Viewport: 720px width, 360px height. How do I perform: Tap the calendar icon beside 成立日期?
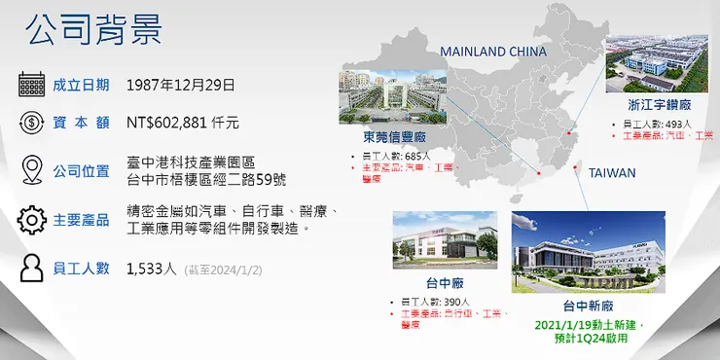(x=32, y=85)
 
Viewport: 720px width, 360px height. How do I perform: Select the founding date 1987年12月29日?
(x=181, y=85)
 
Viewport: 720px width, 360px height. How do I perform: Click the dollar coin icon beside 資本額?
(x=32, y=124)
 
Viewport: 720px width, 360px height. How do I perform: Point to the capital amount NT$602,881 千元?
(x=183, y=124)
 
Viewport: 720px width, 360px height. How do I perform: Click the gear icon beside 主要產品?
(x=32, y=219)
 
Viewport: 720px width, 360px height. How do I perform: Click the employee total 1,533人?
(x=152, y=270)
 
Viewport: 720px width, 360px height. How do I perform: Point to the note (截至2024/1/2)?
(x=223, y=270)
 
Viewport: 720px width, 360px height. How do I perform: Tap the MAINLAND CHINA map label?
(x=493, y=52)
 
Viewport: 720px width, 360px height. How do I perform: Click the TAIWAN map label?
(x=612, y=173)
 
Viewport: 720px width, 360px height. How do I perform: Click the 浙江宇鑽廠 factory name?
(x=661, y=103)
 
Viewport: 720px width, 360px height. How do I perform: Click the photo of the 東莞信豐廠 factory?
(x=386, y=96)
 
